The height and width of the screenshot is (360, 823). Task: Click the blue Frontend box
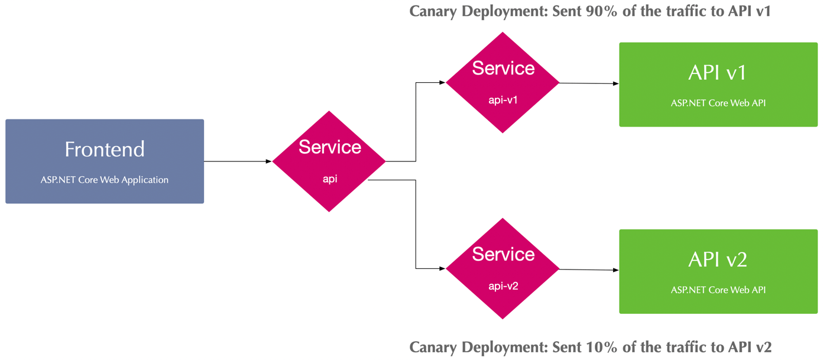(105, 161)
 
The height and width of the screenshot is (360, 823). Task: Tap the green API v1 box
(718, 85)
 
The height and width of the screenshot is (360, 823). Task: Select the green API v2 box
(718, 271)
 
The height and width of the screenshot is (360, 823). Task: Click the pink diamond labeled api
(329, 161)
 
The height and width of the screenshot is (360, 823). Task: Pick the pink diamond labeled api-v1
(503, 83)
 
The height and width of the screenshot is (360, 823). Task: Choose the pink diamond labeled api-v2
(503, 269)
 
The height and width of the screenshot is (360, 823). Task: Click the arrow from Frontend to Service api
(236, 161)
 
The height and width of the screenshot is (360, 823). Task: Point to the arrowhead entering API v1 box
(615, 84)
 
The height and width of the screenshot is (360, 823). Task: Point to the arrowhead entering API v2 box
(615, 270)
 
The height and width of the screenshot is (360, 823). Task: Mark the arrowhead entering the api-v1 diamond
(442, 83)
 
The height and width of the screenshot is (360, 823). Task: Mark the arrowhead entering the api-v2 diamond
(442, 268)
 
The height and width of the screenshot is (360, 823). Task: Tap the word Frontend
(105, 149)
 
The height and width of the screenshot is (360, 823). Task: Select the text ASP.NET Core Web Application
(105, 180)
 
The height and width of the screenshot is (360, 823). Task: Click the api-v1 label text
(503, 100)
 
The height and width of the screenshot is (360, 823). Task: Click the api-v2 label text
(503, 286)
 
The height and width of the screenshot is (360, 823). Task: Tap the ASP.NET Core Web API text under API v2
(718, 290)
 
